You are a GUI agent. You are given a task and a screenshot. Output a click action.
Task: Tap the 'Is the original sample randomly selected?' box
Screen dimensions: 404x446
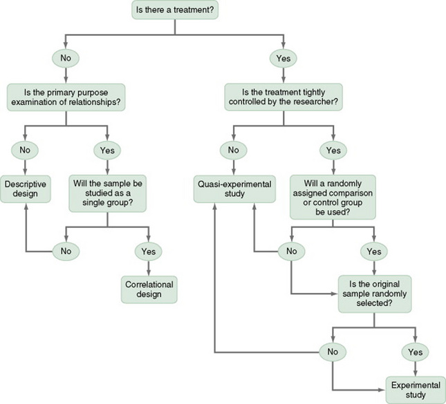click(x=374, y=289)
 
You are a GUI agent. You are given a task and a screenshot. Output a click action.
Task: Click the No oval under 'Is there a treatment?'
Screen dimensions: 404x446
click(x=66, y=58)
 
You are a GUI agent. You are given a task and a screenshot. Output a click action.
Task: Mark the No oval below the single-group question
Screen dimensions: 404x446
click(x=66, y=251)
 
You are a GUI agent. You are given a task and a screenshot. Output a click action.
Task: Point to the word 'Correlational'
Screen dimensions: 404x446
click(x=149, y=284)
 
